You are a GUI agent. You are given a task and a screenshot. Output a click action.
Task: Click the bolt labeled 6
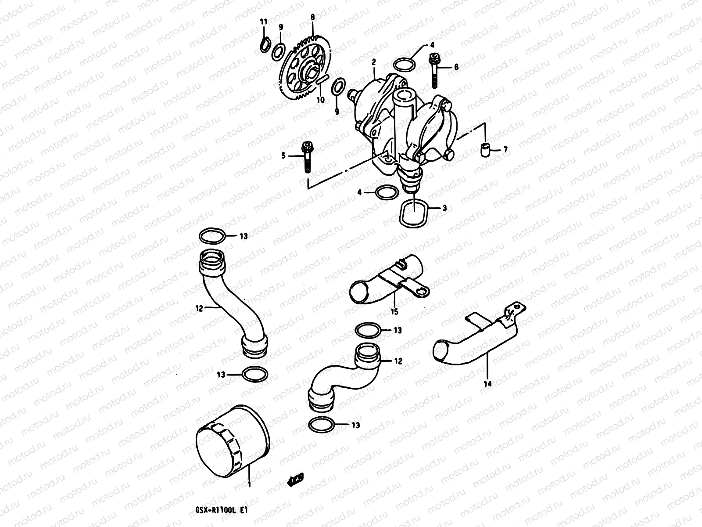pos(434,70)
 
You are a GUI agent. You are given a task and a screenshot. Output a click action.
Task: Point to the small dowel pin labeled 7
pos(484,150)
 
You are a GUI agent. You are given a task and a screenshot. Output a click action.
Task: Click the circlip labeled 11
pos(264,45)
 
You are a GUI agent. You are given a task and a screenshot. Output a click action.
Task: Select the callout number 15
pos(394,312)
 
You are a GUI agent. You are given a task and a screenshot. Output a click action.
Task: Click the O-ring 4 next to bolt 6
pos(404,64)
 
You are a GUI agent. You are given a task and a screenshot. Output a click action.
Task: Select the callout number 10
pos(321,100)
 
